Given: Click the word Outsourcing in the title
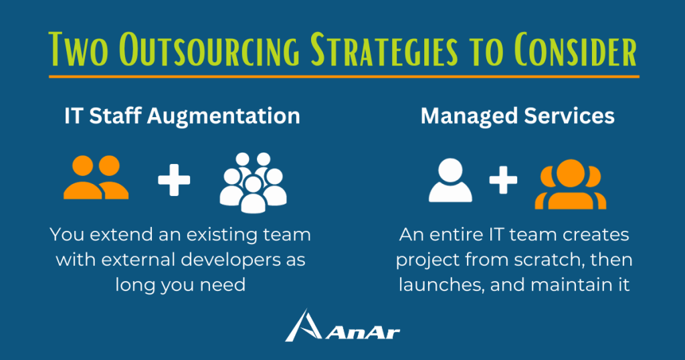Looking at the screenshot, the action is pos(209,49).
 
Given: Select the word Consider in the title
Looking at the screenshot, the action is pos(575,49).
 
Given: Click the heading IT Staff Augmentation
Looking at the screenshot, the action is pos(182,116).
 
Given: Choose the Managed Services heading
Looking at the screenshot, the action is pos(517,116).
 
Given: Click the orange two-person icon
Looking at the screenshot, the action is pos(96,177).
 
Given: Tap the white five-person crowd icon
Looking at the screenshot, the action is pos(253,182).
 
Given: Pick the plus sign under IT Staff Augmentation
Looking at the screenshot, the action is pos(174,179).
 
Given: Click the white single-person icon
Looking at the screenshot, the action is pos(450,180).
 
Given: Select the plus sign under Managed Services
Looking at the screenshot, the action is pos(503,179).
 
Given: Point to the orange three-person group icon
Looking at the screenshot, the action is pos(571,184).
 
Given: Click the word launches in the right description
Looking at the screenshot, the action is pos(441,285).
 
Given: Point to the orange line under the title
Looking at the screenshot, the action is pos(344,76).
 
